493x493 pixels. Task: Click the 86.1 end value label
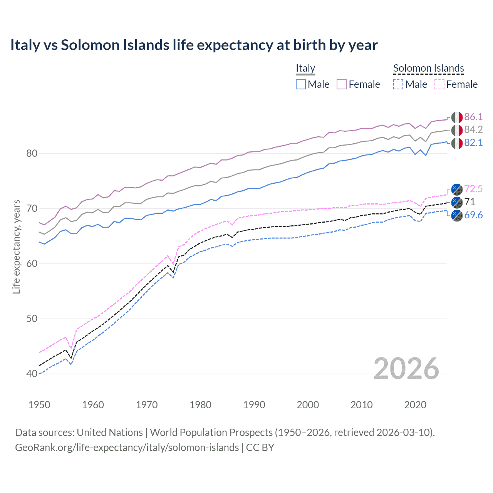coord(473,117)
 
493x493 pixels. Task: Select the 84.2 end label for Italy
coord(473,130)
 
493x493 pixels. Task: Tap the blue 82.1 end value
coord(473,143)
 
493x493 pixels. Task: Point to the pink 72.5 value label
coord(473,189)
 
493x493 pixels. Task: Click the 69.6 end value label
coord(473,215)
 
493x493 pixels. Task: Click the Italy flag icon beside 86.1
coord(457,117)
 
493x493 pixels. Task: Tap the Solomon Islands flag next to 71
coord(457,202)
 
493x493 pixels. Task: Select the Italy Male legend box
coord(301,84)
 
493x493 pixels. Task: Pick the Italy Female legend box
coord(342,84)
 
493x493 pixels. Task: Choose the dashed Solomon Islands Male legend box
coord(398,84)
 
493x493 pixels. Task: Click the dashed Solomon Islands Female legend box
coord(439,84)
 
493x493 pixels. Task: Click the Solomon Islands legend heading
coord(428,68)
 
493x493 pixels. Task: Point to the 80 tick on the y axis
coord(32,153)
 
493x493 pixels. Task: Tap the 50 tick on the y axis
coord(32,319)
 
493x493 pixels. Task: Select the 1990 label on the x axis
coord(254,405)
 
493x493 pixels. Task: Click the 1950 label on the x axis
coord(39,405)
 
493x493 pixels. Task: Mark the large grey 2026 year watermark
coord(406,369)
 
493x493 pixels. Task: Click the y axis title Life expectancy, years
coord(16,247)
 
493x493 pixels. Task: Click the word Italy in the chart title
coord(25,45)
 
